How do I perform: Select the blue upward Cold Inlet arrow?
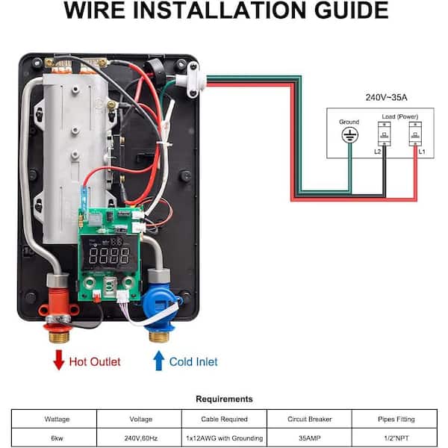point(158,361)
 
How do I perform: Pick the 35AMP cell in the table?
point(310,438)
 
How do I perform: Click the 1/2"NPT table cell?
point(396,438)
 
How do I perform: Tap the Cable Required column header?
point(224,419)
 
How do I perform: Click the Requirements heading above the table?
point(224,399)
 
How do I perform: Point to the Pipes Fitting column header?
point(396,419)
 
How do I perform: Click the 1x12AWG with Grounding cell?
point(224,438)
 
